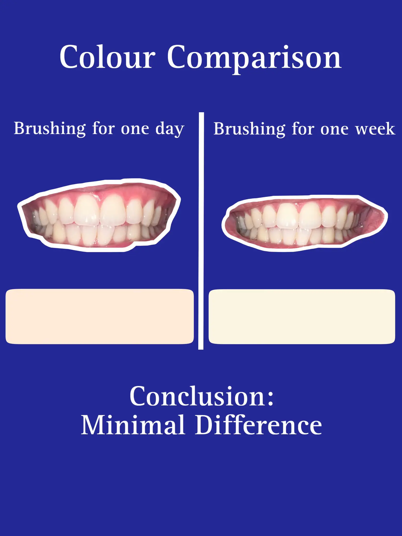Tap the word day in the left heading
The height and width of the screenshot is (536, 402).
[x=170, y=129]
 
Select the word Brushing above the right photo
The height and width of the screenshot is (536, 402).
[x=249, y=129]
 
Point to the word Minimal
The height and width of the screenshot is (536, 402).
[x=133, y=425]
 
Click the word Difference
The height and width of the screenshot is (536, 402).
[x=258, y=425]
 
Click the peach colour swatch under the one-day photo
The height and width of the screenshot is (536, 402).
[x=99, y=316]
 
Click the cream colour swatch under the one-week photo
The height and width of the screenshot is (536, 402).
[x=302, y=317]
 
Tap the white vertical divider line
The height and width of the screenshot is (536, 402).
[x=201, y=231]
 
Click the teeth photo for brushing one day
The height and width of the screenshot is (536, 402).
[x=99, y=215]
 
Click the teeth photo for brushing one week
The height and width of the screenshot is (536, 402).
[x=305, y=223]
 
